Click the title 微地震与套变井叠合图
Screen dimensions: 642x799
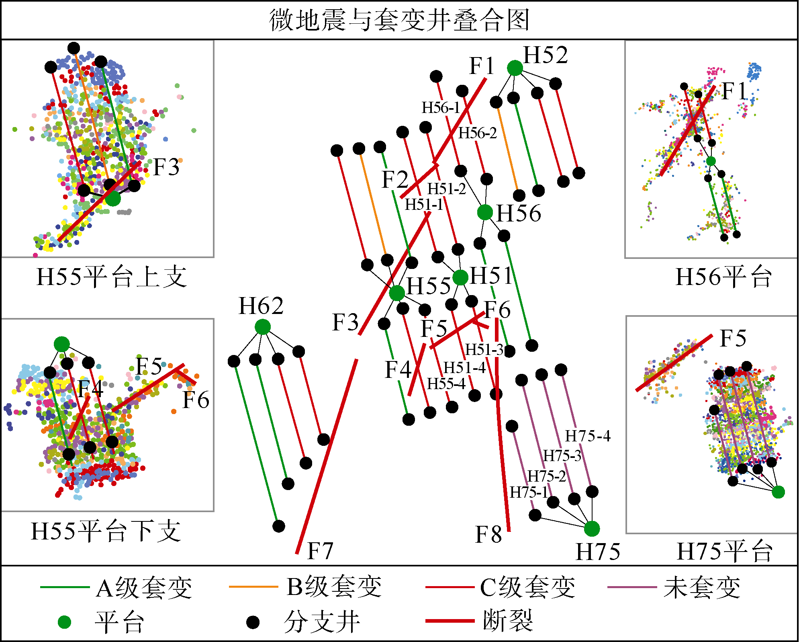[x=399, y=20]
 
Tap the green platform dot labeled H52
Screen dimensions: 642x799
[x=515, y=68]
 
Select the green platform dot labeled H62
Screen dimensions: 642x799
[x=263, y=327]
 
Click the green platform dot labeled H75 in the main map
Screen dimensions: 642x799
[x=592, y=529]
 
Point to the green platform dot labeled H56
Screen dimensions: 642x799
[x=485, y=212]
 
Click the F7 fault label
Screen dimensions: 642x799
[x=320, y=551]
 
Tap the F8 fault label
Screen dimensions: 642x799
[x=488, y=535]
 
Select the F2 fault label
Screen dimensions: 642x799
[x=394, y=179]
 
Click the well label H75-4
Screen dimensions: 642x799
[x=588, y=436]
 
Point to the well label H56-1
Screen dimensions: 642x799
[x=440, y=108]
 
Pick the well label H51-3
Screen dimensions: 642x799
[x=484, y=350]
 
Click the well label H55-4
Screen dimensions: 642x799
[x=446, y=384]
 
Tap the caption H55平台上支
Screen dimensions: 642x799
[x=112, y=277]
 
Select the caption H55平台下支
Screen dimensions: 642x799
[x=106, y=531]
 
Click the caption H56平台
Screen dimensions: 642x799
[x=723, y=277]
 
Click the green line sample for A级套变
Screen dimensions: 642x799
[x=64, y=587]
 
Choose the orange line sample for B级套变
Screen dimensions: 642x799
[x=253, y=587]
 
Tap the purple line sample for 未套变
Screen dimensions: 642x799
[x=632, y=587]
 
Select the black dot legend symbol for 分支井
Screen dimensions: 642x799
[x=253, y=622]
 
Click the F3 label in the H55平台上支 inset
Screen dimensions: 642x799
[x=166, y=167]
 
